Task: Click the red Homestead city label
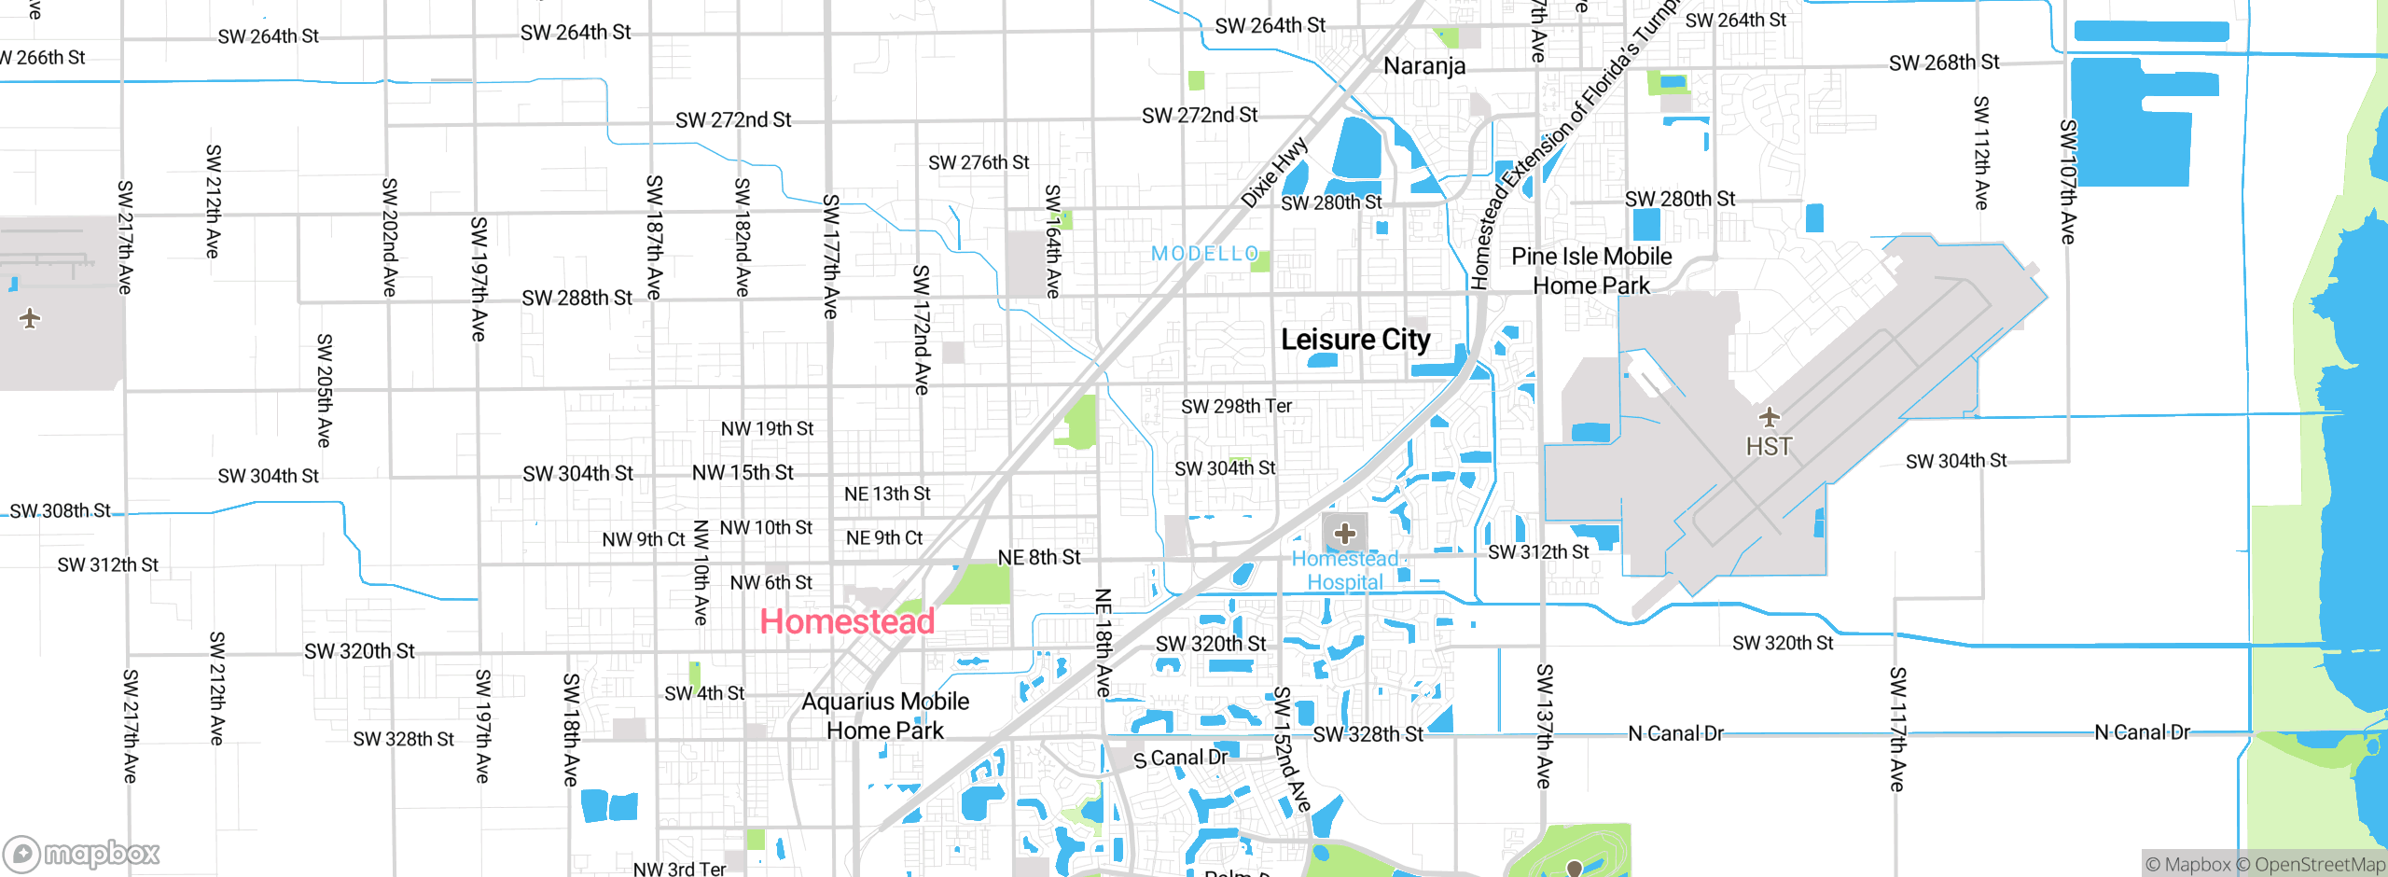(x=847, y=621)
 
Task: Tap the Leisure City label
(x=1354, y=340)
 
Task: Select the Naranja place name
(x=1424, y=66)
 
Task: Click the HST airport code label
(x=1769, y=447)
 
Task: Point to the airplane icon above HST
(x=1769, y=417)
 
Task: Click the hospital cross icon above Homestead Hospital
(x=1344, y=534)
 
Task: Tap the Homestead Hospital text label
(x=1344, y=570)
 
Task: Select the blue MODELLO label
(x=1204, y=254)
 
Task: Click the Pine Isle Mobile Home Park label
(x=1591, y=271)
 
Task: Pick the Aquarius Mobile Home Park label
(x=885, y=716)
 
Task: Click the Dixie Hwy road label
(x=1274, y=174)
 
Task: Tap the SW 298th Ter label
(x=1236, y=407)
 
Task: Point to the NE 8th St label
(x=1038, y=558)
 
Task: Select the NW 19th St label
(x=767, y=429)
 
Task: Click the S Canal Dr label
(x=1180, y=759)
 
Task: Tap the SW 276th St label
(x=978, y=162)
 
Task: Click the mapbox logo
(x=82, y=853)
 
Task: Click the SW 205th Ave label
(x=324, y=390)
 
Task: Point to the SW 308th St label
(x=61, y=511)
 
